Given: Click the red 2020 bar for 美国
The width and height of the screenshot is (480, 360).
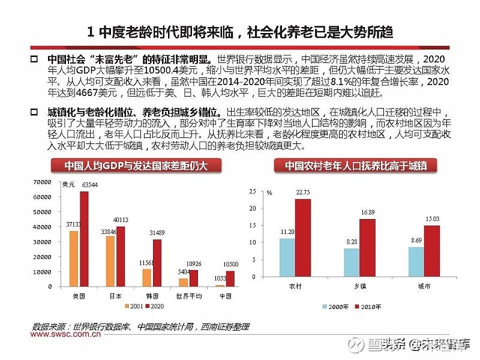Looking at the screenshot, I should click(84, 239).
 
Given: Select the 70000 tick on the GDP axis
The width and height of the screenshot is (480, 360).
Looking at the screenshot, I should click(50, 182).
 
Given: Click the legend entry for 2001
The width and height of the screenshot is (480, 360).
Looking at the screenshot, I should click(133, 306).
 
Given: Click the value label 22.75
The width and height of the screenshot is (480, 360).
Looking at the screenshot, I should click(304, 192).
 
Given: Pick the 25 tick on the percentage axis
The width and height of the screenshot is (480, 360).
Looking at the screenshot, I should click(252, 192).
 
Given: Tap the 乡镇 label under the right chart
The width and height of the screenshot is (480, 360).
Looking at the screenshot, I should click(359, 286).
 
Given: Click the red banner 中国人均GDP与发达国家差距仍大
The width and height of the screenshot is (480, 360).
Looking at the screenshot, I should click(128, 166).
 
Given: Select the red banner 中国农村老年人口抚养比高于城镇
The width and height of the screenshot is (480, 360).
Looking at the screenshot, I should click(359, 166).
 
